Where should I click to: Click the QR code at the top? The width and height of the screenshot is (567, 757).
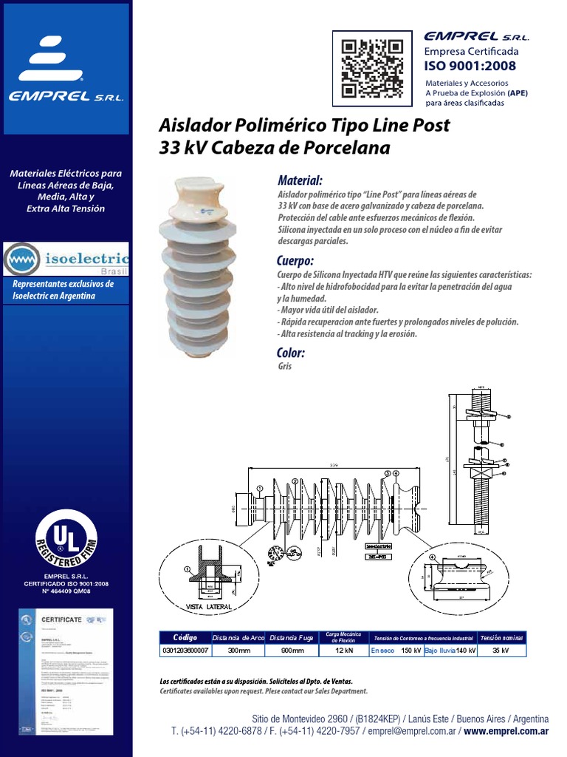coord(372,68)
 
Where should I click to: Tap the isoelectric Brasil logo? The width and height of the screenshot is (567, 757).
coord(66,259)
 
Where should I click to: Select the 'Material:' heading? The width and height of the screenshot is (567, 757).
coord(299,181)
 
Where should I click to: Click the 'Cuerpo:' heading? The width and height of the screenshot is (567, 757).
coord(295,262)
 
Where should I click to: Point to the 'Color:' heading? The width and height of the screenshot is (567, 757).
coord(290,353)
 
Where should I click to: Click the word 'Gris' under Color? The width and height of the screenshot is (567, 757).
coord(286,366)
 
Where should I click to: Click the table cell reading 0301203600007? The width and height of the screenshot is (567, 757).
coord(185,651)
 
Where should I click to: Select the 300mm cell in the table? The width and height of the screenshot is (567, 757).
coord(238,651)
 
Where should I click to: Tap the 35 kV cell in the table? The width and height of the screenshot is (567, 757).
coord(501,651)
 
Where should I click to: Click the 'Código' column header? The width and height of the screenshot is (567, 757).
coord(185,637)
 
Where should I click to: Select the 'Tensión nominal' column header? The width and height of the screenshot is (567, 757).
coord(501,637)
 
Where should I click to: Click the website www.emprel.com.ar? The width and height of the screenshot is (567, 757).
coord(506,731)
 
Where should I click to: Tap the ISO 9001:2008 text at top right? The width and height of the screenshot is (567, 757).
coord(470,65)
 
